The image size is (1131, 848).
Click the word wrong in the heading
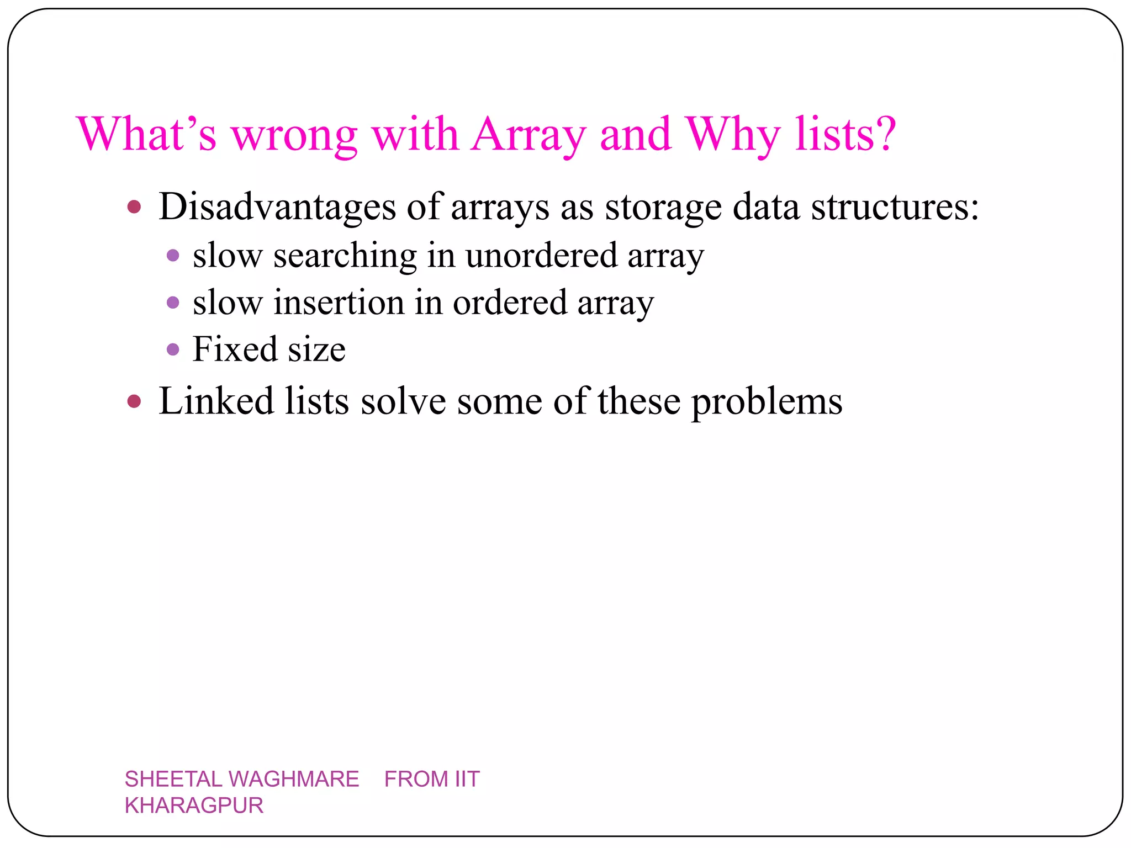pyautogui.click(x=294, y=135)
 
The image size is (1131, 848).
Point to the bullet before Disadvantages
pyautogui.click(x=134, y=207)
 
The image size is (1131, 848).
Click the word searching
pyautogui.click(x=345, y=256)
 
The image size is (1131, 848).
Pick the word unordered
pyautogui.click(x=541, y=256)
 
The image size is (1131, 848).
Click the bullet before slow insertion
pyautogui.click(x=173, y=303)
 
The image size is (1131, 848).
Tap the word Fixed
pyautogui.click(x=234, y=349)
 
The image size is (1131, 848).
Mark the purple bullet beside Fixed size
pyautogui.click(x=173, y=349)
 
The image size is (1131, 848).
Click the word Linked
pyautogui.click(x=216, y=401)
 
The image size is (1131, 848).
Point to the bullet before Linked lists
pyautogui.click(x=134, y=401)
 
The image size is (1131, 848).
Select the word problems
pyautogui.click(x=767, y=402)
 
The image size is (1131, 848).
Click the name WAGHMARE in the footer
pyautogui.click(x=293, y=779)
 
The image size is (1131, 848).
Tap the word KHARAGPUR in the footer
pyautogui.click(x=194, y=805)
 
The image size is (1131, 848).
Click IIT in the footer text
pyautogui.click(x=467, y=779)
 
